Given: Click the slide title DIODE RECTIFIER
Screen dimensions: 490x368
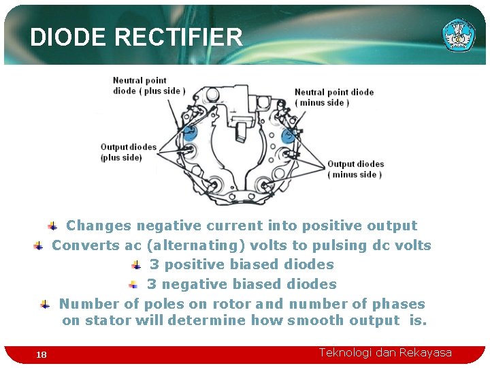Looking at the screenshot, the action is coord(136,37).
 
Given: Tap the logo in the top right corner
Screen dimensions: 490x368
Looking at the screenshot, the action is coord(459,35).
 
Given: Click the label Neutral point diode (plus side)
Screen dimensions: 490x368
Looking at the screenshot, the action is coord(148,86).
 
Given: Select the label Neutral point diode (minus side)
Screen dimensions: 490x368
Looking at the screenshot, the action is coord(333,97).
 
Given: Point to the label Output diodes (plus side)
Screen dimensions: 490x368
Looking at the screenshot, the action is coord(128,152).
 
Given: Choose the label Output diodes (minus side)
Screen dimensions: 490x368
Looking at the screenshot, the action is coord(355,169).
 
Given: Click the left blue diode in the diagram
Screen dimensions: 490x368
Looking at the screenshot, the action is coord(190,132).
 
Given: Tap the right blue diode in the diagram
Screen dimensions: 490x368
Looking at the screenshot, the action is coord(287,136).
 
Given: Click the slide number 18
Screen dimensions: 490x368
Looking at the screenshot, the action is coord(42,354).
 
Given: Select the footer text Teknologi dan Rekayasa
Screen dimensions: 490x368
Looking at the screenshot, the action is coord(385,352).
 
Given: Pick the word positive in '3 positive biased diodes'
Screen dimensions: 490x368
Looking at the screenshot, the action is coord(193,264).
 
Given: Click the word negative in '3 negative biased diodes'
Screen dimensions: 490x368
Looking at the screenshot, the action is coord(195,284).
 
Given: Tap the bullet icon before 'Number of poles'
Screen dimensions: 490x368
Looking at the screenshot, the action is coord(45,304).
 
